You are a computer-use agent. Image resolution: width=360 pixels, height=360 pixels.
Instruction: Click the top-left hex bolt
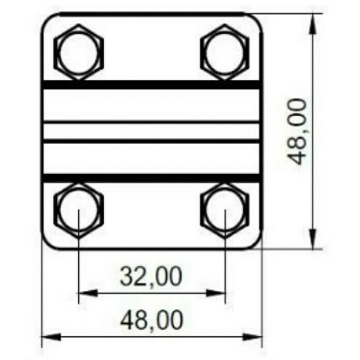[x=79, y=52]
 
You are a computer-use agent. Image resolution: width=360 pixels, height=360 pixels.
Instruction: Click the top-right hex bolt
[x=225, y=52]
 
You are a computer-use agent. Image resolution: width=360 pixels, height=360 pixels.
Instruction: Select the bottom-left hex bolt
[x=79, y=211]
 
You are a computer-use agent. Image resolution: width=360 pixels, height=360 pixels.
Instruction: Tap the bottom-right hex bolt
[x=225, y=211]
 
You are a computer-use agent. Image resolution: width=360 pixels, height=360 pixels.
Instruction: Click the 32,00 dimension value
[x=152, y=276]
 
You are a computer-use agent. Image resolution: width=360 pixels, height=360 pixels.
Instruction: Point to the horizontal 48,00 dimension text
[x=152, y=320]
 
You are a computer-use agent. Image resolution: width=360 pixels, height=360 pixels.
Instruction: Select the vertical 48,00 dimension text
[x=296, y=131]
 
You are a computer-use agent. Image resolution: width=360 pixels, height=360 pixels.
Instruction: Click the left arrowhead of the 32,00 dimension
[x=88, y=293]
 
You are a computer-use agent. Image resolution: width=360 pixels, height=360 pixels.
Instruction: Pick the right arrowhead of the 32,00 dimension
[x=216, y=293]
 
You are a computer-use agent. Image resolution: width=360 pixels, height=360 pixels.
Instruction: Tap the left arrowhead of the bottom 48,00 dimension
[x=51, y=337]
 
